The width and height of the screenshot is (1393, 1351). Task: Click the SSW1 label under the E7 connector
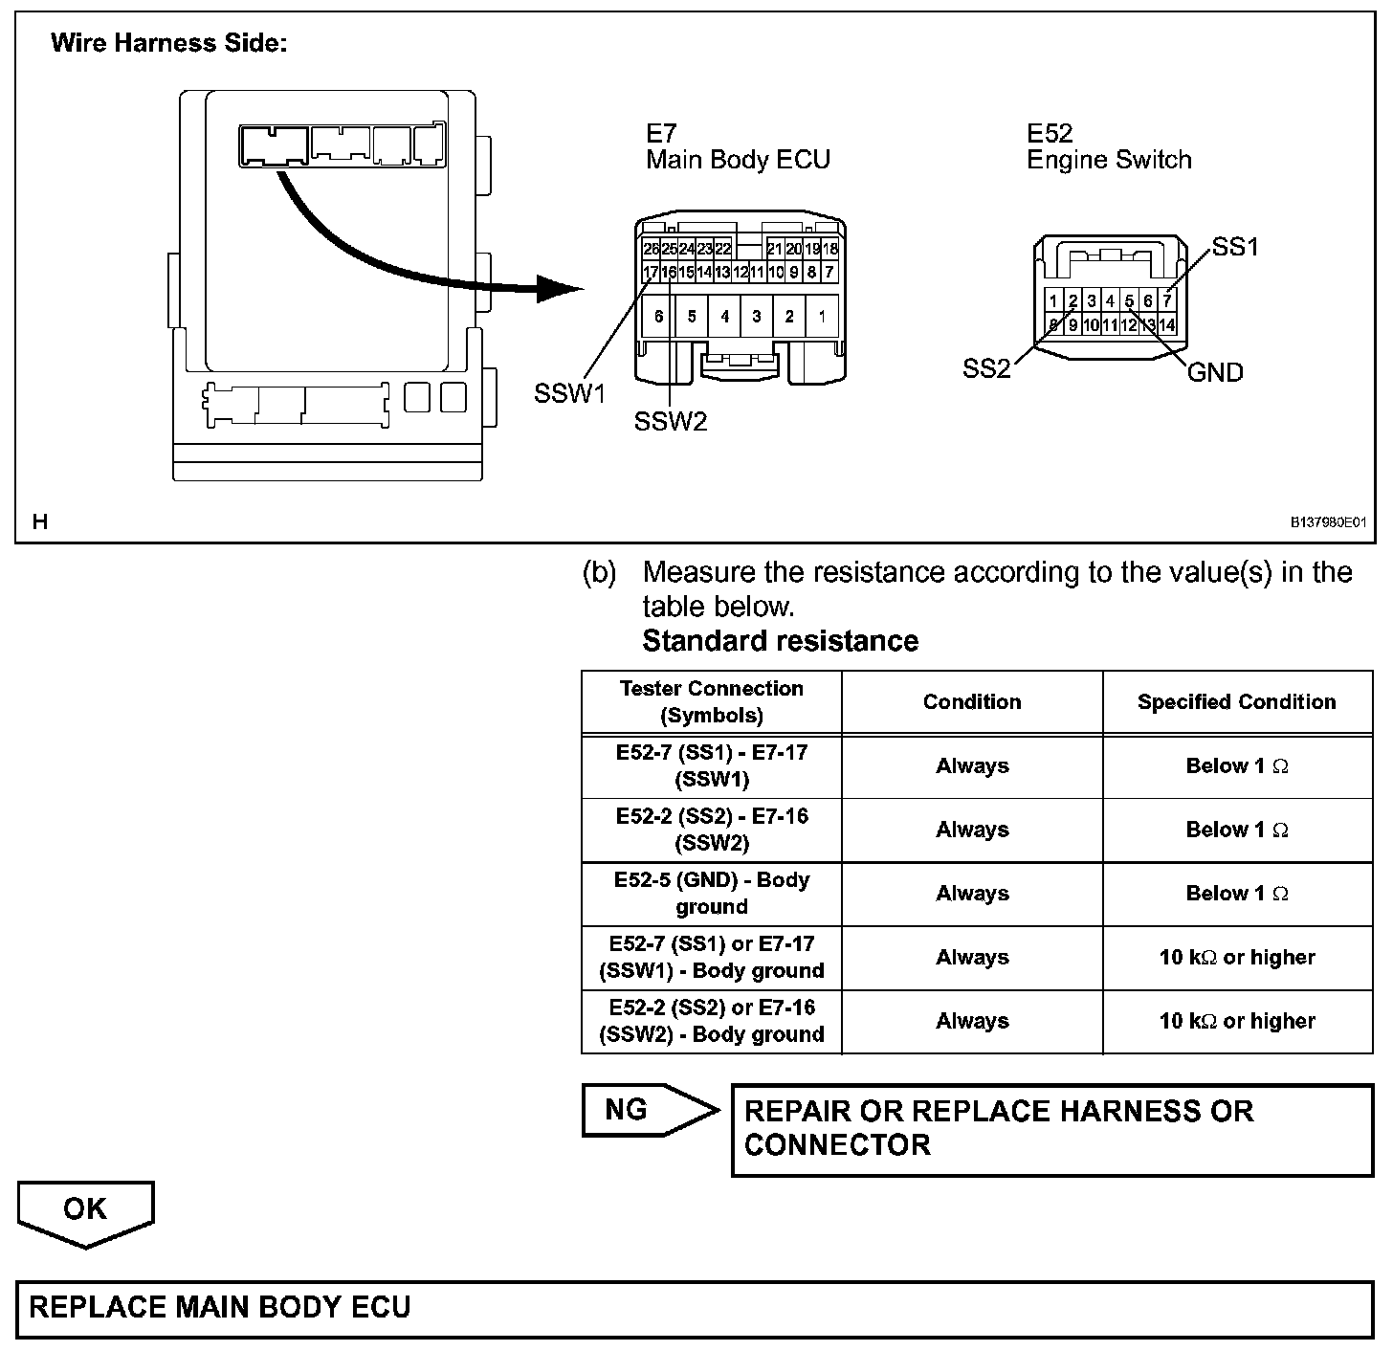(570, 393)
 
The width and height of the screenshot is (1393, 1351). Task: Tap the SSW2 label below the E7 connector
(671, 421)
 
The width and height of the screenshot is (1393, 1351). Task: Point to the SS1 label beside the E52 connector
(1235, 247)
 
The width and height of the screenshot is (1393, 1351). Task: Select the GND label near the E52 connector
(1215, 372)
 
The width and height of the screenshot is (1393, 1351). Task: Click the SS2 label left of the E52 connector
(986, 369)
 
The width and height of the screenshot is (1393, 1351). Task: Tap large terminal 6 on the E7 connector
(659, 316)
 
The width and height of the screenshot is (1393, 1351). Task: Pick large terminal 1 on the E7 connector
(822, 316)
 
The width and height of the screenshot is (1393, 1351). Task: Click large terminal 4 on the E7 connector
(724, 316)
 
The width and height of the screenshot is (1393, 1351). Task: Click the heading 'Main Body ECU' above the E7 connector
(738, 160)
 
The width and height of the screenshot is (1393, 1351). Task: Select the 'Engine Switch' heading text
(1109, 160)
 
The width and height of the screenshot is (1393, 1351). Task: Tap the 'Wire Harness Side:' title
(168, 43)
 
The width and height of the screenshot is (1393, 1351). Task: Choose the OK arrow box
(85, 1209)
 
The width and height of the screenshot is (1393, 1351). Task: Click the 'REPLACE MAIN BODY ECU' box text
(220, 1308)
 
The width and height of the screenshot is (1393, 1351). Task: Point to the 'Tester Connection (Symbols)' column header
(712, 702)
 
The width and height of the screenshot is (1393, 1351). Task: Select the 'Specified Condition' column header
(1236, 702)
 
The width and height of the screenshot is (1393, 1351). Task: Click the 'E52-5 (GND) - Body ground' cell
(712, 894)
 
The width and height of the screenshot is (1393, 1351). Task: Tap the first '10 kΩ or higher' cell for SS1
(1236, 958)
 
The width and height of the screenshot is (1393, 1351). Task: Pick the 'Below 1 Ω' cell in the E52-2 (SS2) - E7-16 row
(1236, 831)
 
